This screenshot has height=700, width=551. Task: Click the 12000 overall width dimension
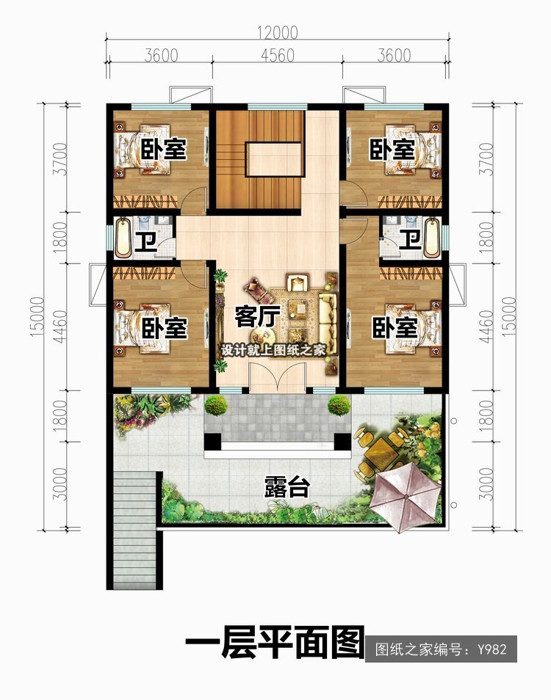tap(277, 32)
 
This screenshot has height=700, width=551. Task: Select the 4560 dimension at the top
tap(278, 56)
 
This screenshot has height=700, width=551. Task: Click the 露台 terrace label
tap(287, 486)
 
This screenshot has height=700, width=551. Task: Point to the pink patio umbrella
tap(406, 496)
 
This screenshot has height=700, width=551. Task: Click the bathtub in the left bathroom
tap(123, 237)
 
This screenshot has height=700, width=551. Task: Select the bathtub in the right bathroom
tap(432, 238)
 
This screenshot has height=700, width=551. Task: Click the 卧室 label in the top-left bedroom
tap(164, 149)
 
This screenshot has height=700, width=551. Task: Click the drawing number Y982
tap(491, 649)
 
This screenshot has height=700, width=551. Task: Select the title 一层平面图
tap(275, 642)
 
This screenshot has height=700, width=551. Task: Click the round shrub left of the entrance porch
tap(216, 405)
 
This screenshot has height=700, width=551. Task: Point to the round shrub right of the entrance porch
tap(339, 405)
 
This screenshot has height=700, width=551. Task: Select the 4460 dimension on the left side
tap(60, 327)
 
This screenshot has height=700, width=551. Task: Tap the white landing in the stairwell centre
tap(275, 159)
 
